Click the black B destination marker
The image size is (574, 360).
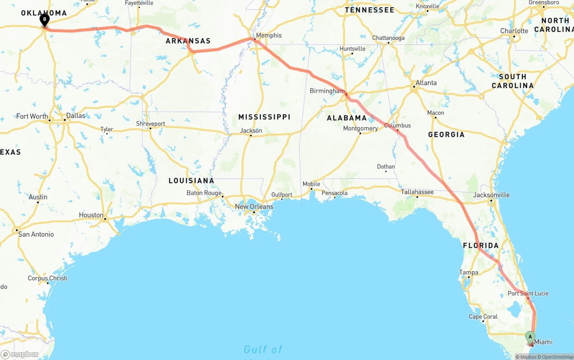44,20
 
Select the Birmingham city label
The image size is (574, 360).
327,91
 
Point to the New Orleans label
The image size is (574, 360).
254,207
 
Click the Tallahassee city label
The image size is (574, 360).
417,192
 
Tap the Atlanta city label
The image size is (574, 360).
426,83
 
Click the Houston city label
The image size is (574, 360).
91,215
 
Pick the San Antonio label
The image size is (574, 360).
36,234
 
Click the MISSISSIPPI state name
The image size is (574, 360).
264,117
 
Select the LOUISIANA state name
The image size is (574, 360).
191,181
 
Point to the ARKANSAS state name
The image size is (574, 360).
188,41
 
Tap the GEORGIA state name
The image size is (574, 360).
446,134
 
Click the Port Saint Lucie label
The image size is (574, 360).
528,294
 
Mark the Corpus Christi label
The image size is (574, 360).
48,278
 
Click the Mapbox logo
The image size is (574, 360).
19,355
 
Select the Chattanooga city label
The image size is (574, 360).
388,38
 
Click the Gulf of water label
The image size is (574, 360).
263,349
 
